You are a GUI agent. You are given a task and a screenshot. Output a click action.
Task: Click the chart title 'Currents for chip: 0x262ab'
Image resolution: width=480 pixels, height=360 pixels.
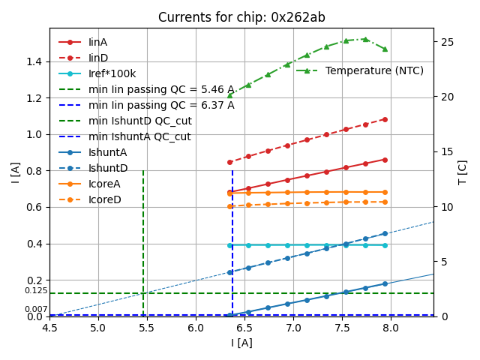click(241, 17)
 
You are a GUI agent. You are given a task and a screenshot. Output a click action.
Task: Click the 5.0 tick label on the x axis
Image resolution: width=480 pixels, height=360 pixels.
click(98, 328)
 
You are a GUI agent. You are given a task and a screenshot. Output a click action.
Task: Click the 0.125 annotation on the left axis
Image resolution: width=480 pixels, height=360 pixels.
click(35, 290)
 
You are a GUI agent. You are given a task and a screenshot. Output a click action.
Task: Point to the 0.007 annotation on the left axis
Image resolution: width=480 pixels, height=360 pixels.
click(35, 309)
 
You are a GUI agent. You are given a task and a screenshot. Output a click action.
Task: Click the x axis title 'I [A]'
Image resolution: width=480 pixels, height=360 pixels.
click(241, 343)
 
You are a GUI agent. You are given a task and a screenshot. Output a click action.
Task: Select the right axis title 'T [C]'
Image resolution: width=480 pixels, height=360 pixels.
click(463, 172)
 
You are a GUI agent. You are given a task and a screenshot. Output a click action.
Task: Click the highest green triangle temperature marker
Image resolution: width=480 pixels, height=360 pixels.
click(365, 39)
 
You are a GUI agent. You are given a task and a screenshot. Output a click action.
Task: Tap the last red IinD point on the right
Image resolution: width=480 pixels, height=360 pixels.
click(385, 119)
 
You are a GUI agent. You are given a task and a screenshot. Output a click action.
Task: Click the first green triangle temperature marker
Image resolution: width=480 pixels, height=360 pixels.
click(229, 95)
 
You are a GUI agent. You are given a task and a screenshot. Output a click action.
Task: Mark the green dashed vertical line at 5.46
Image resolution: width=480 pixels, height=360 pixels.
click(143, 240)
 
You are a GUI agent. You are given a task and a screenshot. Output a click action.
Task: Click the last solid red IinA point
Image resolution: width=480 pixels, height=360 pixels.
click(385, 159)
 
